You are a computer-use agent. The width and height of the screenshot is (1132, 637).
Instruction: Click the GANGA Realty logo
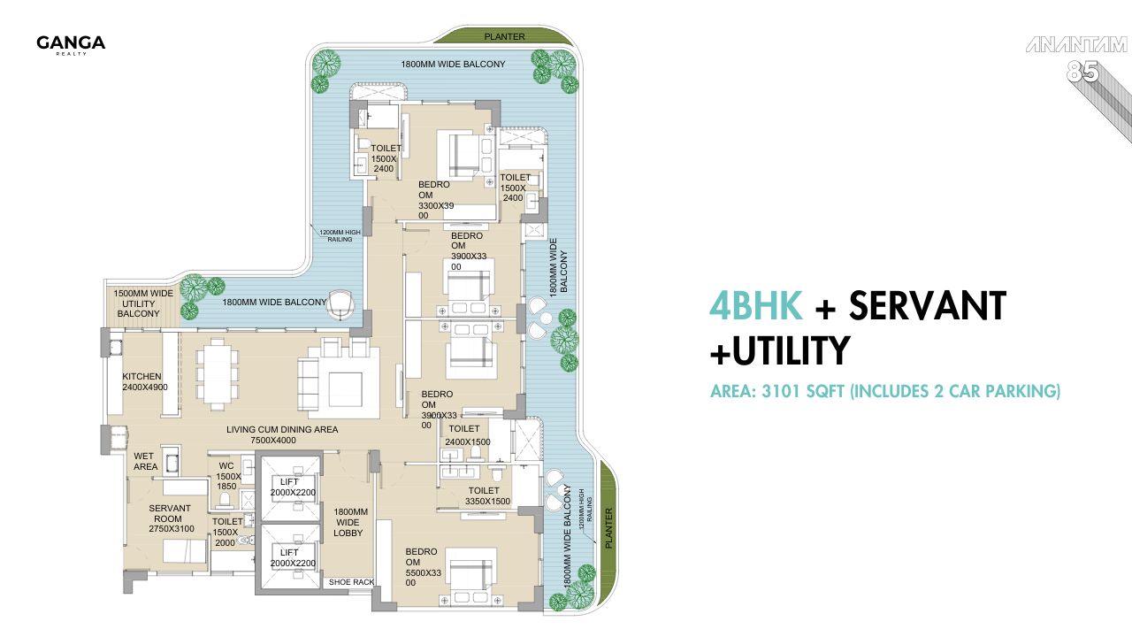click(71, 44)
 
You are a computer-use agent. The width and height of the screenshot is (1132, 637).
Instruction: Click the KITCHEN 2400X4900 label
click(145, 382)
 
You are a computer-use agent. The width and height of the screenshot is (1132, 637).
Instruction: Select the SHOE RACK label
click(352, 582)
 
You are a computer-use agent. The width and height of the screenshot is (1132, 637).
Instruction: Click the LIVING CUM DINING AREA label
click(281, 435)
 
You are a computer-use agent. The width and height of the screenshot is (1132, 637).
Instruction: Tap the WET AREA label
click(146, 462)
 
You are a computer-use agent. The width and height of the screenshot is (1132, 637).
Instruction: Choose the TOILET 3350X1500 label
click(484, 496)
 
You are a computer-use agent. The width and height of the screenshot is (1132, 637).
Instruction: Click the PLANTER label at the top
click(504, 37)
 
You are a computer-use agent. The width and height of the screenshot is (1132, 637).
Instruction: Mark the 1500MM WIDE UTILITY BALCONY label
click(138, 303)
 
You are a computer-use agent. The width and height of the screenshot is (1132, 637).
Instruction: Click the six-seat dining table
click(217, 372)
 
